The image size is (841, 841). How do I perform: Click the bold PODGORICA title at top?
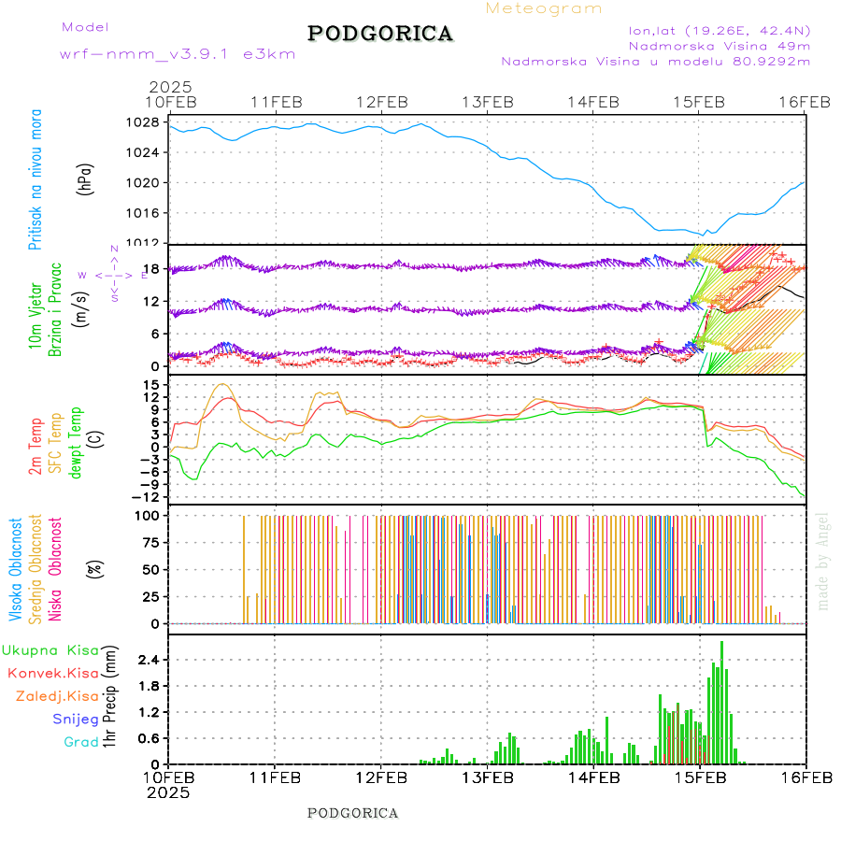(x=380, y=34)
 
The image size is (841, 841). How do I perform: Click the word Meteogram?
(x=544, y=8)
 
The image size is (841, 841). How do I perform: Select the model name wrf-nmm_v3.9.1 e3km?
(x=178, y=54)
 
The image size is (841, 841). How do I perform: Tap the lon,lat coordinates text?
(x=720, y=30)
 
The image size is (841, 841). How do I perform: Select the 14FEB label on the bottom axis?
(x=593, y=777)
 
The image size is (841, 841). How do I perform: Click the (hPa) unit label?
(x=86, y=178)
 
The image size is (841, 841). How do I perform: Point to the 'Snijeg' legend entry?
(x=75, y=719)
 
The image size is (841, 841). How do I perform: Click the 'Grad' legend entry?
(x=80, y=742)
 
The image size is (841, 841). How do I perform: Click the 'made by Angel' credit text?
(x=823, y=561)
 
